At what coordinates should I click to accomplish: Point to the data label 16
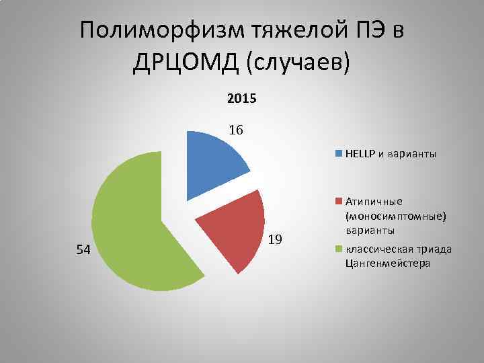click(x=235, y=130)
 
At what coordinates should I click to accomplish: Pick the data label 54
click(x=83, y=250)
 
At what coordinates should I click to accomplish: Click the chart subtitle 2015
click(x=241, y=99)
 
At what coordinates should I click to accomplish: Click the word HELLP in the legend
click(x=360, y=153)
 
